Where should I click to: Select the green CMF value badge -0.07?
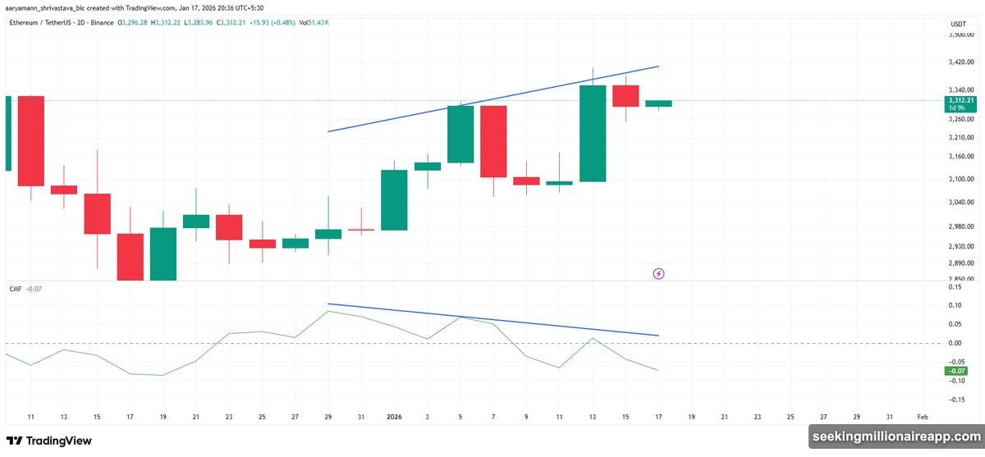pos(957,372)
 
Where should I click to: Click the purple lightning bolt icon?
pos(658,273)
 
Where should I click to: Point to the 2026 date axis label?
pos(395,417)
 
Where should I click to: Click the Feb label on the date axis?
pos(922,417)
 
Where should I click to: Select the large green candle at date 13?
pos(593,133)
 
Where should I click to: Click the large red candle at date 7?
pos(493,141)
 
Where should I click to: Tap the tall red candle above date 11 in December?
pos(31,141)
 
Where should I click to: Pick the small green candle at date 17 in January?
pos(658,103)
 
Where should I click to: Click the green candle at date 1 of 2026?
pos(394,199)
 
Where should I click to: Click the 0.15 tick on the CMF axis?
pos(955,286)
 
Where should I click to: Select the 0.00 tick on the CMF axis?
pos(955,343)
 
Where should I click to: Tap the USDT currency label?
pos(957,25)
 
